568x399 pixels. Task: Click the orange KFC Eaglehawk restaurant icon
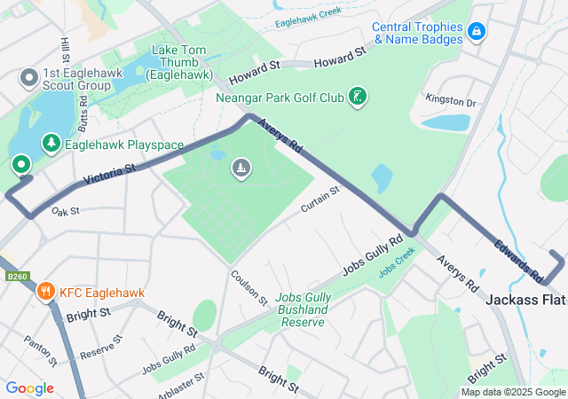tap(45, 291)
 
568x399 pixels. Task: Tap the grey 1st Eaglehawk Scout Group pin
tap(28, 79)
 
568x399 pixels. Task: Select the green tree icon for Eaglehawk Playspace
tap(51, 143)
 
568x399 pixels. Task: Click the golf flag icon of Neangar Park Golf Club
tap(356, 96)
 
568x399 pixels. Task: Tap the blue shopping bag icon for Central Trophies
tap(477, 32)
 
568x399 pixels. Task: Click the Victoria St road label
tap(109, 174)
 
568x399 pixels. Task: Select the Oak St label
tap(66, 212)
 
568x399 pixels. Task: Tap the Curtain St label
tap(320, 199)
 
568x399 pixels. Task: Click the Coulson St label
tap(249, 287)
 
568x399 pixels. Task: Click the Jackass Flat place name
tap(525, 301)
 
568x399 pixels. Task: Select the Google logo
tap(29, 388)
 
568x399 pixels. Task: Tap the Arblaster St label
tap(177, 382)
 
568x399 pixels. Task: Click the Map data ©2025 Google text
tap(513, 392)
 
